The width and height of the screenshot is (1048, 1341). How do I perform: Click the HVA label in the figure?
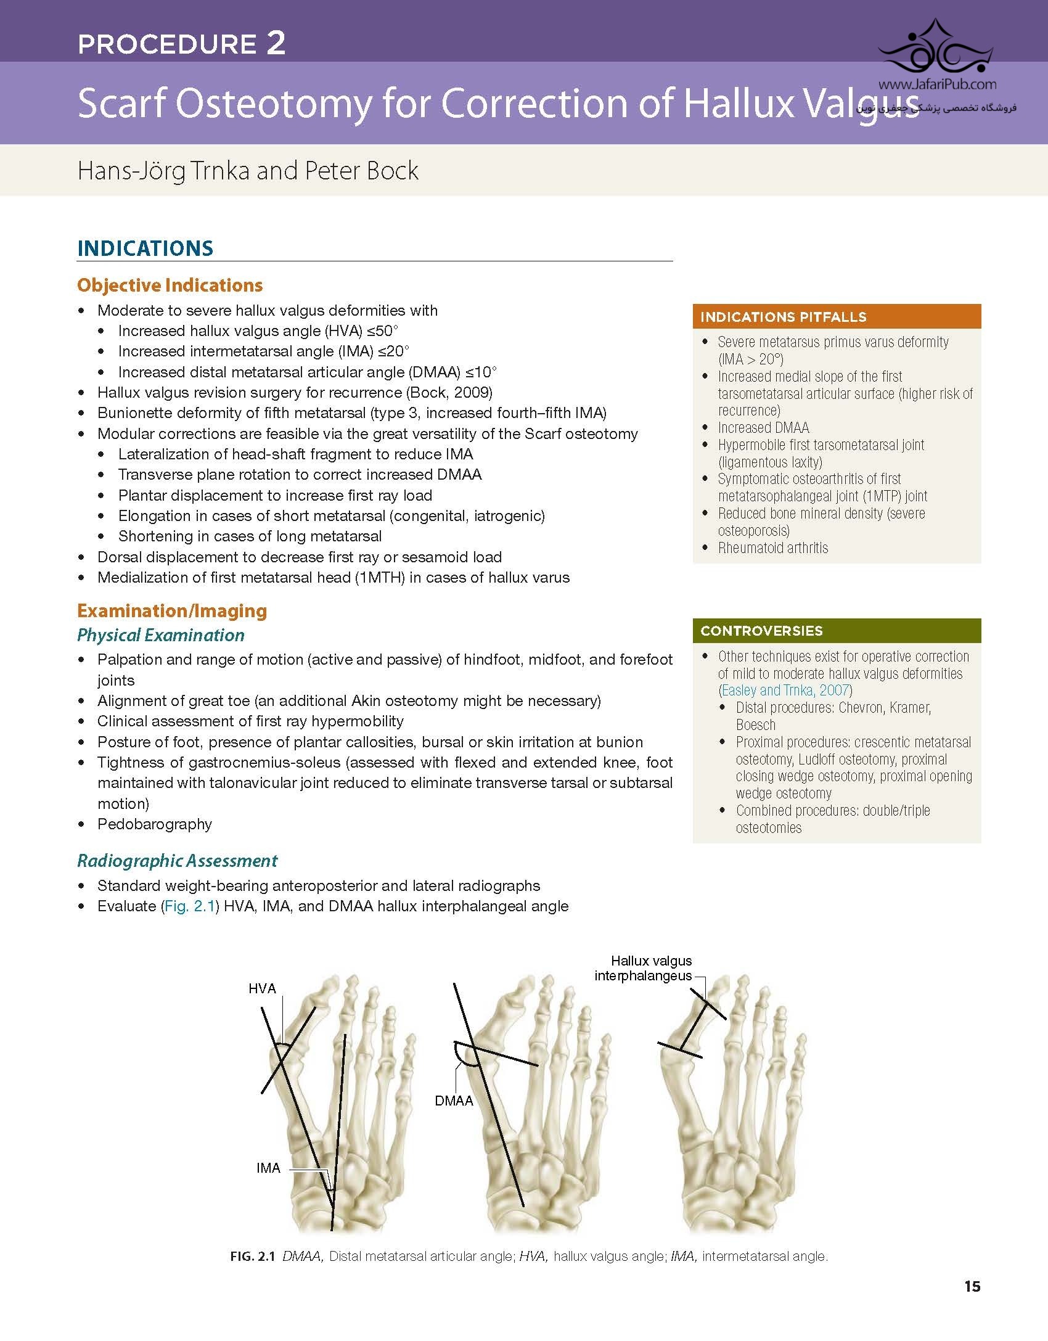pyautogui.click(x=262, y=988)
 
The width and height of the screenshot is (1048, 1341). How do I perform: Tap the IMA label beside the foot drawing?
pyautogui.click(x=268, y=1168)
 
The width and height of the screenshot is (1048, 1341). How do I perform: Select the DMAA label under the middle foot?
pyautogui.click(x=454, y=1101)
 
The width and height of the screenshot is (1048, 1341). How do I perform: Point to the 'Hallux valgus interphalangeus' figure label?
pyautogui.click(x=643, y=968)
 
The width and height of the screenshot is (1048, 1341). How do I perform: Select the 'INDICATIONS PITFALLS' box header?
pyautogui.click(x=784, y=317)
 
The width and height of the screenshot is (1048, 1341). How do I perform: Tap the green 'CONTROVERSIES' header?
pyautogui.click(x=762, y=631)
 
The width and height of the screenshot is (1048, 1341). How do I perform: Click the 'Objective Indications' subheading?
pyautogui.click(x=170, y=285)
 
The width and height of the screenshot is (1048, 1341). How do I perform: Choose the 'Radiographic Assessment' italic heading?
pyautogui.click(x=178, y=860)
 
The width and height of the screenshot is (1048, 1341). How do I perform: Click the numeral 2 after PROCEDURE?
pyautogui.click(x=276, y=43)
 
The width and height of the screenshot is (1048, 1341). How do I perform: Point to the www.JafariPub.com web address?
pyautogui.click(x=937, y=84)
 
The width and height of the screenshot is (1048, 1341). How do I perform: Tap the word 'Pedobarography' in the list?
pyautogui.click(x=155, y=824)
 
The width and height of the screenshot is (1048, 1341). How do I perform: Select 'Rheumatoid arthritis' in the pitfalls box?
pyautogui.click(x=773, y=547)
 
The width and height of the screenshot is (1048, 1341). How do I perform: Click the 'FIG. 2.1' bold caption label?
pyautogui.click(x=252, y=1256)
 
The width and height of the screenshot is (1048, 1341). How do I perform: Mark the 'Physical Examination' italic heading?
pyautogui.click(x=161, y=634)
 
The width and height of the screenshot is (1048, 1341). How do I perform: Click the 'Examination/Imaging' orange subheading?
pyautogui.click(x=172, y=610)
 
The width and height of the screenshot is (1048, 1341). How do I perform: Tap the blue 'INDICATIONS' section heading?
pyautogui.click(x=145, y=248)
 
